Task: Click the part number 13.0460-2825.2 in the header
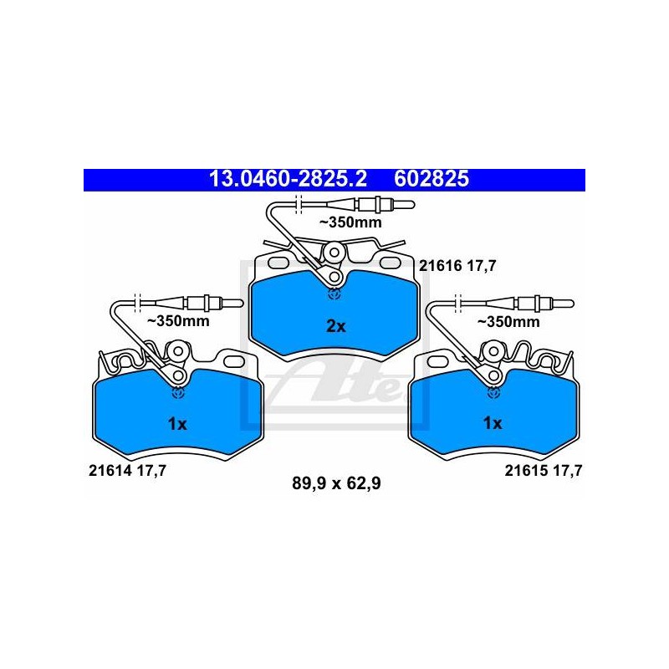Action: (x=288, y=179)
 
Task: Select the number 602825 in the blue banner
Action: (x=432, y=179)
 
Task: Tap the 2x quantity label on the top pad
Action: (x=336, y=326)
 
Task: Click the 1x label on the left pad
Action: (x=177, y=424)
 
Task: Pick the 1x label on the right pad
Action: (x=493, y=423)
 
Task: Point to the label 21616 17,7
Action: (x=457, y=266)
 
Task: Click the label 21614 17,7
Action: (x=127, y=471)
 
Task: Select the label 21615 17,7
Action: (x=544, y=471)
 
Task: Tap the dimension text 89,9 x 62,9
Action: (x=336, y=484)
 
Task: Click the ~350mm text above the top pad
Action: (x=350, y=222)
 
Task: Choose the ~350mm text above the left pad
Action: (x=178, y=321)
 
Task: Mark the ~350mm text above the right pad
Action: (x=508, y=322)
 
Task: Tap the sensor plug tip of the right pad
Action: (x=570, y=304)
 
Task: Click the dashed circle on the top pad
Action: (x=334, y=294)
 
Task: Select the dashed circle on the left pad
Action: (x=177, y=392)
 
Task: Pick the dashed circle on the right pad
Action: (x=493, y=392)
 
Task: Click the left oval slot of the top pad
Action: (x=278, y=263)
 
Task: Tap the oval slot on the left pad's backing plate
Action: (x=234, y=362)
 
